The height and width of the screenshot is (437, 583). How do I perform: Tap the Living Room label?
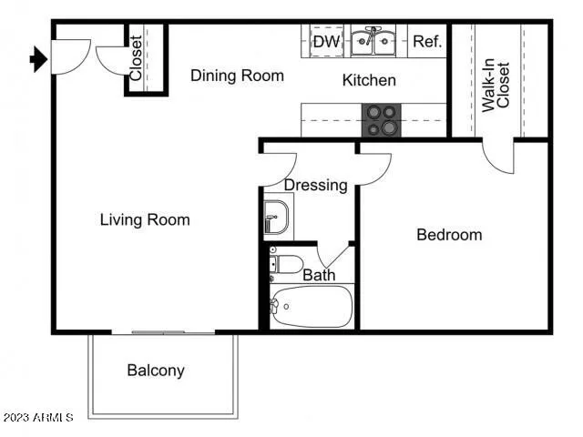pyautogui.click(x=145, y=219)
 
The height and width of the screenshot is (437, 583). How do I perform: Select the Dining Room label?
pyautogui.click(x=237, y=76)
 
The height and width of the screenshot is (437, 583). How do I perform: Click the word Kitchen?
pyautogui.click(x=369, y=80)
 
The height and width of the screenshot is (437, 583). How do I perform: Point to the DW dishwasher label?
pyautogui.click(x=325, y=41)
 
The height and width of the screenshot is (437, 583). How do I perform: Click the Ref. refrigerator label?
pyautogui.click(x=427, y=41)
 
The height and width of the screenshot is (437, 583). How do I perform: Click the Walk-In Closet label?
pyautogui.click(x=496, y=81)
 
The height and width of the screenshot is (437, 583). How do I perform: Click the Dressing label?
pyautogui.click(x=315, y=185)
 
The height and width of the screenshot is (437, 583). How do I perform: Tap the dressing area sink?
pyautogui.click(x=275, y=218)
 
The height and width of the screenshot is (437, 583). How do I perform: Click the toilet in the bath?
pyautogui.click(x=286, y=265)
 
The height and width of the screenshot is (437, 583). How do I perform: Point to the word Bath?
pyautogui.click(x=319, y=275)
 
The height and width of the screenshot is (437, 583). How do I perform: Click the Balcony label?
pyautogui.click(x=156, y=371)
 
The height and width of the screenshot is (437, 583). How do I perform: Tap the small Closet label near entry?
pyautogui.click(x=136, y=58)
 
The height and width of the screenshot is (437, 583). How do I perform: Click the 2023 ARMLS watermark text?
pyautogui.click(x=37, y=418)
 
